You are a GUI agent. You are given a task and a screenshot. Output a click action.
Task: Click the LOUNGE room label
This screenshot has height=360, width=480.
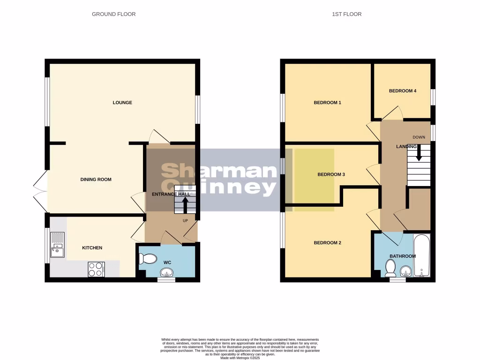(122, 103)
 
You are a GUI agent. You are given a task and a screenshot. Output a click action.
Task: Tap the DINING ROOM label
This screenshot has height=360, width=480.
(96, 180)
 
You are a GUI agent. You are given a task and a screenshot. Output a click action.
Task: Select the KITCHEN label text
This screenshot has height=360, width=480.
(92, 248)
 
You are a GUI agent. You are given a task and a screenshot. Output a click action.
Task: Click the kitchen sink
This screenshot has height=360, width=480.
(58, 245)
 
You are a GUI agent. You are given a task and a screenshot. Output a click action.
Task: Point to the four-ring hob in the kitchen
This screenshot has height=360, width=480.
(96, 269)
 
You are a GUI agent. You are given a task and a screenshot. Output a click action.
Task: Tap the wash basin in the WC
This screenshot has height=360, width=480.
(166, 272)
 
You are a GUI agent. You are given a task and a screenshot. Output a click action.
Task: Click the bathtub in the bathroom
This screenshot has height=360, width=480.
(421, 256)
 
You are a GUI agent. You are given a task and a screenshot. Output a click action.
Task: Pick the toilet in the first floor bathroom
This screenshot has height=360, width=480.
(390, 268)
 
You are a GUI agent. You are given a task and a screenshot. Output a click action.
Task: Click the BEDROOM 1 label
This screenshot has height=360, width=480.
(327, 103)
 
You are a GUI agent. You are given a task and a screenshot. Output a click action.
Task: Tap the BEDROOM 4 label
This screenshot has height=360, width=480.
(403, 91)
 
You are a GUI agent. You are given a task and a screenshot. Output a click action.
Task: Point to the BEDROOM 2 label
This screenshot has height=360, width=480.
(327, 243)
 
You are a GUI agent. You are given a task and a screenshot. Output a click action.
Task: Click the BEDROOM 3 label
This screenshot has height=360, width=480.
(331, 174)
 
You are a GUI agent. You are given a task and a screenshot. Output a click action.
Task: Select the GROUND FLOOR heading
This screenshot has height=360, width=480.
(113, 14)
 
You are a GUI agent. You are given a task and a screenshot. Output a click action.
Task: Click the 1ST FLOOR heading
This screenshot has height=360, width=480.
(347, 14)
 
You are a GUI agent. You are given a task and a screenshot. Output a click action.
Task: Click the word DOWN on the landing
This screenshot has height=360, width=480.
(419, 137)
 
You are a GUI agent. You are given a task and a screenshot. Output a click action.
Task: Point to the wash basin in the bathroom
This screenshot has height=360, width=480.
(406, 270)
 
